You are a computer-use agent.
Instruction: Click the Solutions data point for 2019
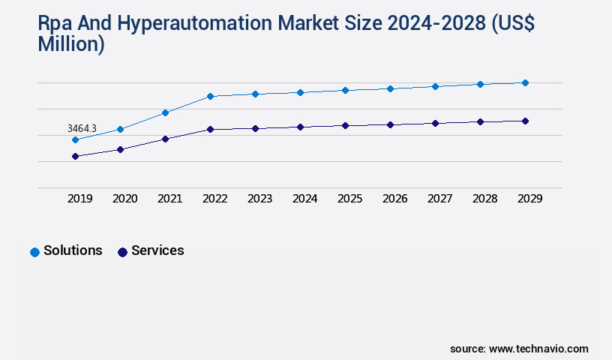[x=75, y=139]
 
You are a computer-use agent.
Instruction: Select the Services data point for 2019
[x=75, y=156]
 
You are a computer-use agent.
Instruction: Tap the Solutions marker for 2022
[x=210, y=96]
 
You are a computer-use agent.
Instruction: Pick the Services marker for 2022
[x=210, y=129]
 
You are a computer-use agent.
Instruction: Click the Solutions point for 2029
[x=525, y=82]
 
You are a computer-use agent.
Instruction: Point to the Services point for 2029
[x=525, y=121]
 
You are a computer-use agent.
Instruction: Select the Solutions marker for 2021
[x=165, y=112]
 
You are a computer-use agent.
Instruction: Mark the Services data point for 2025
[x=345, y=125]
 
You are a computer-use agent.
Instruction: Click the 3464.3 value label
[x=82, y=129]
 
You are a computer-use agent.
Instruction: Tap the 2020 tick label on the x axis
[x=124, y=199]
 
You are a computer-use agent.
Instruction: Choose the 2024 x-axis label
[x=304, y=199]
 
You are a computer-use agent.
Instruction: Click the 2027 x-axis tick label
[x=439, y=199]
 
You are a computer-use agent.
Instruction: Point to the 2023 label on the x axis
[x=259, y=199]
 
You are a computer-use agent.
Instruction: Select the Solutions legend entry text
[x=73, y=250]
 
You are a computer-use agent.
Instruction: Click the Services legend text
[x=157, y=250]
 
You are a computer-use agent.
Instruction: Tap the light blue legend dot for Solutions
[x=34, y=252]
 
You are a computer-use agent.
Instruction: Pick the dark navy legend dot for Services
[x=122, y=252]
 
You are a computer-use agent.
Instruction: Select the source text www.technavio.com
[x=538, y=349]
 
